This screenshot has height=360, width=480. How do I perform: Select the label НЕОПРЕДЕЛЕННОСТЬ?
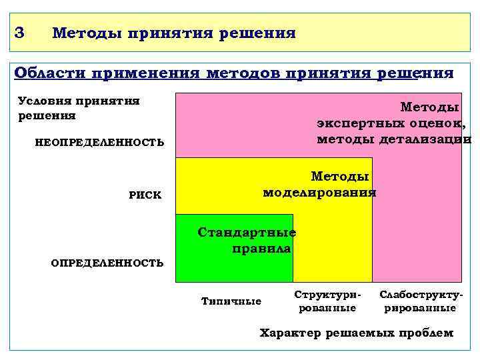(99, 142)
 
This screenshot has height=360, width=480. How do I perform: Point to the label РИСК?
(145, 195)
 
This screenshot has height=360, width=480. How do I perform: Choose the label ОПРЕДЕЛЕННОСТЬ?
(107, 263)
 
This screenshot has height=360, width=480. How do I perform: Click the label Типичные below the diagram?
(231, 301)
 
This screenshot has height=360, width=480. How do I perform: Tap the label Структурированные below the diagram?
(327, 301)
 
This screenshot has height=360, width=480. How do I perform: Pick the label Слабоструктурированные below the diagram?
(421, 301)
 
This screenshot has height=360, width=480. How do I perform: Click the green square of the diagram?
(233, 263)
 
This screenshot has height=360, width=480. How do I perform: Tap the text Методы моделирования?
(321, 185)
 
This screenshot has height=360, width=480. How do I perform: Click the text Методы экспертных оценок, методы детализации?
(393, 123)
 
